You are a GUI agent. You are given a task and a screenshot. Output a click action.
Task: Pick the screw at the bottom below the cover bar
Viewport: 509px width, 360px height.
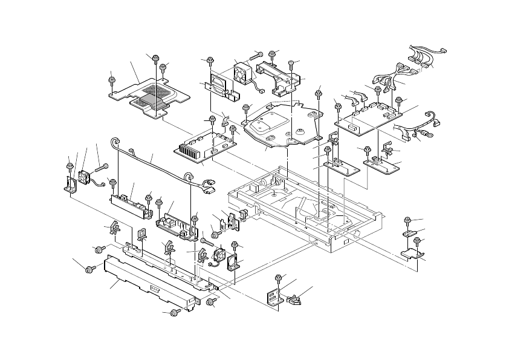(x=174, y=312)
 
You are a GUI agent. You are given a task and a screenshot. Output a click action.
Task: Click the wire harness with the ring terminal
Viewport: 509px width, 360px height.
(x=416, y=126)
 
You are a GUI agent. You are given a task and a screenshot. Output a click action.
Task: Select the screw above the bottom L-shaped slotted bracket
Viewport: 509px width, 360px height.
(x=278, y=279)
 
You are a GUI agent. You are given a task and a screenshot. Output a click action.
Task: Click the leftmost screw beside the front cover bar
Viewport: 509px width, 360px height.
(x=90, y=268)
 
